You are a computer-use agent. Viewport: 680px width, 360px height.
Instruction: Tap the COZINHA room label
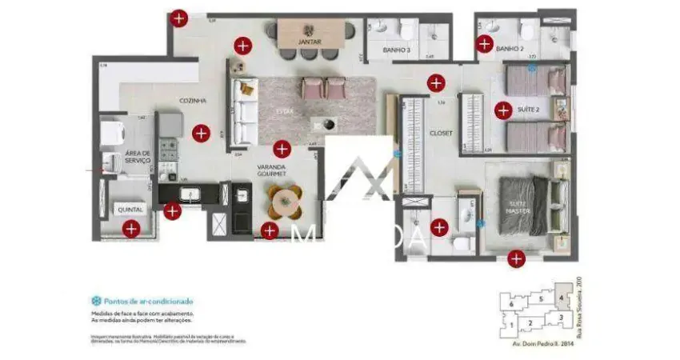[194, 101]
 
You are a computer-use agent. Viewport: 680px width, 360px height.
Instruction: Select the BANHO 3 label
[398, 50]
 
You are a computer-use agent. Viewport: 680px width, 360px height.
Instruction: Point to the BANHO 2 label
[510, 49]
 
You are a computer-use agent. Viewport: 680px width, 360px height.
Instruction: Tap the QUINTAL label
[130, 210]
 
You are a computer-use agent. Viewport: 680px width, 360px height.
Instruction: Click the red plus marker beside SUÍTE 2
[502, 110]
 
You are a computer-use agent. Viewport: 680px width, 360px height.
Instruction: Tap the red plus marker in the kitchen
[201, 133]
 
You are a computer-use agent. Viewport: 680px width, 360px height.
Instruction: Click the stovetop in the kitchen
[169, 147]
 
